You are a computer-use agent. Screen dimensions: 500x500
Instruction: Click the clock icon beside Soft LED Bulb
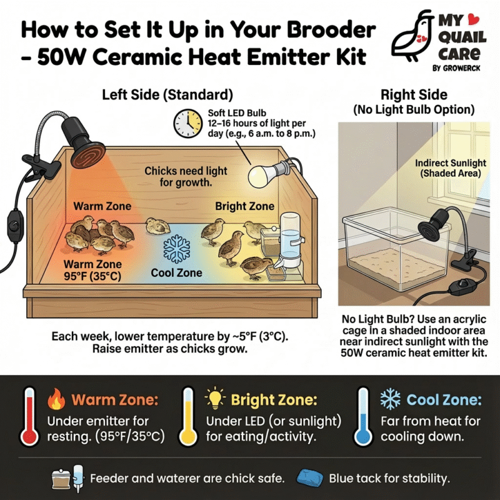pyautogui.click(x=184, y=123)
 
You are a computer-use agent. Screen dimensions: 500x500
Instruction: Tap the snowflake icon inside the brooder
pyautogui.click(x=176, y=249)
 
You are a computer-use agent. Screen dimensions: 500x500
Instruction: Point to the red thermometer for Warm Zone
pyautogui.click(x=29, y=416)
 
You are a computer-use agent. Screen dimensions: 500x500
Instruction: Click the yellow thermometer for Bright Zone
pyautogui.click(x=187, y=416)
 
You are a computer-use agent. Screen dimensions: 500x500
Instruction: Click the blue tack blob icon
pyautogui.click(x=311, y=479)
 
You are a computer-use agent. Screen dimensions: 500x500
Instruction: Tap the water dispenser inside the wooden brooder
pyautogui.click(x=289, y=241)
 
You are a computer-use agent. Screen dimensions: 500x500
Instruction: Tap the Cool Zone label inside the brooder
pyautogui.click(x=177, y=273)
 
